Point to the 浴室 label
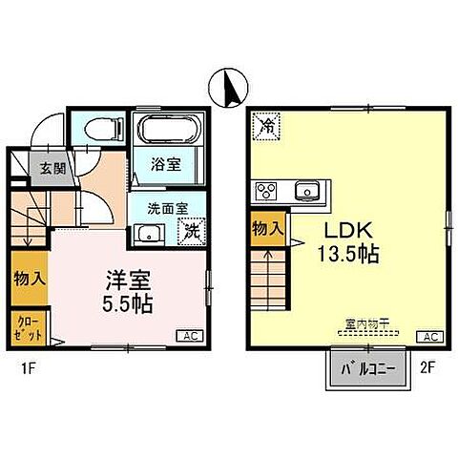click(169, 165)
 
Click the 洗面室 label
click(166, 207)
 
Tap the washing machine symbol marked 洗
click(190, 230)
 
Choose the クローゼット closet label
click(25, 329)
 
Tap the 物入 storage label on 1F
click(26, 280)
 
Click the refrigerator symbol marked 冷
click(268, 125)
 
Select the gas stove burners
click(265, 192)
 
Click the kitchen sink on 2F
click(306, 191)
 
